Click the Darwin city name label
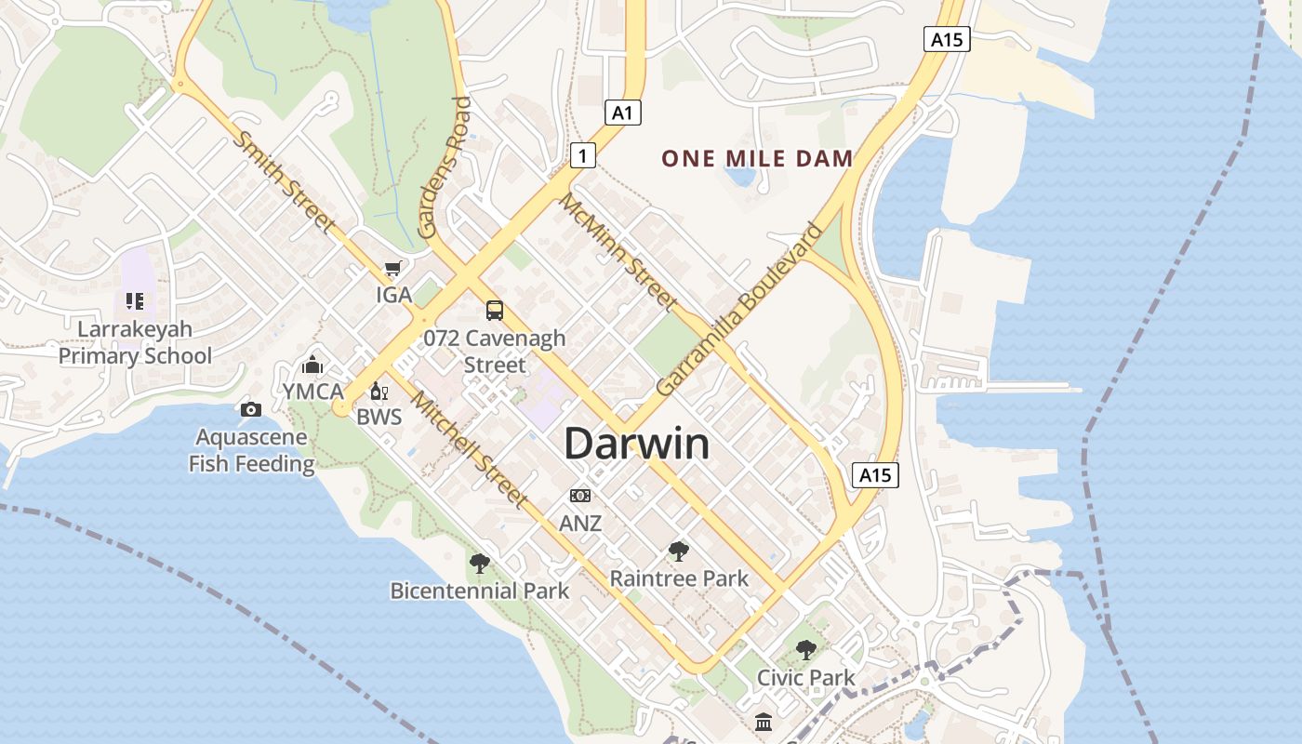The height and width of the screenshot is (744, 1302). click(x=637, y=444)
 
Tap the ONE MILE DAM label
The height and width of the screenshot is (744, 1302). click(x=757, y=158)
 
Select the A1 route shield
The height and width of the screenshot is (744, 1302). click(x=623, y=113)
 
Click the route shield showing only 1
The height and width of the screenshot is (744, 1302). click(x=582, y=155)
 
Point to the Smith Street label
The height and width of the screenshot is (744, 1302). click(x=284, y=181)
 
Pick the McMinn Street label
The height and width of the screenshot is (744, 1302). click(x=618, y=251)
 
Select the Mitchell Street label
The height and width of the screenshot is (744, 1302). click(x=469, y=450)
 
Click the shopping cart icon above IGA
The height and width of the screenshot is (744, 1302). click(x=393, y=269)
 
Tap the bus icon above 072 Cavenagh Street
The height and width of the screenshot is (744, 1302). click(x=494, y=311)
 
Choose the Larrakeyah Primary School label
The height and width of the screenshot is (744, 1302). click(x=135, y=342)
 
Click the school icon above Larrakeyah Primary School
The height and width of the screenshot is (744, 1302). click(x=135, y=301)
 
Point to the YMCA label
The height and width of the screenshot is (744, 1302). click(x=313, y=392)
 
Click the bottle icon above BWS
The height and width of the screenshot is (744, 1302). click(x=379, y=391)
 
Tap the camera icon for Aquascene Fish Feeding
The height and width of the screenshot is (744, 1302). click(x=250, y=409)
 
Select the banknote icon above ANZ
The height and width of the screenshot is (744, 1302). click(x=580, y=496)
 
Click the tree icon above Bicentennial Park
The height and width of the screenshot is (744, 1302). click(x=479, y=563)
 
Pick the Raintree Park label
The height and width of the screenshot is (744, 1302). click(x=679, y=578)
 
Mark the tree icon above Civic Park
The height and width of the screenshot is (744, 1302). click(x=805, y=650)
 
